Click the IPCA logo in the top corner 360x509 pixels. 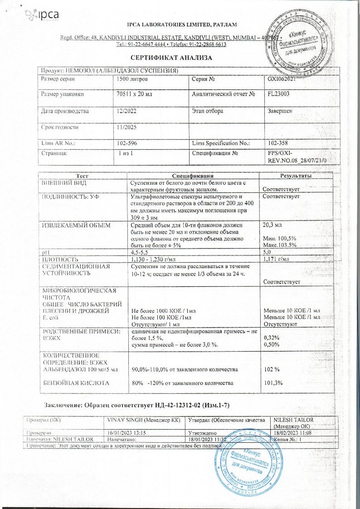[x=43, y=15]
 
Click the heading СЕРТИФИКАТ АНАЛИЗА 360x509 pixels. [x=171, y=58]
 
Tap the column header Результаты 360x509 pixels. [x=296, y=176]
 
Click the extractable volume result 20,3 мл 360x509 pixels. [x=272, y=225]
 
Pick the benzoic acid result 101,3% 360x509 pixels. [x=273, y=383]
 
